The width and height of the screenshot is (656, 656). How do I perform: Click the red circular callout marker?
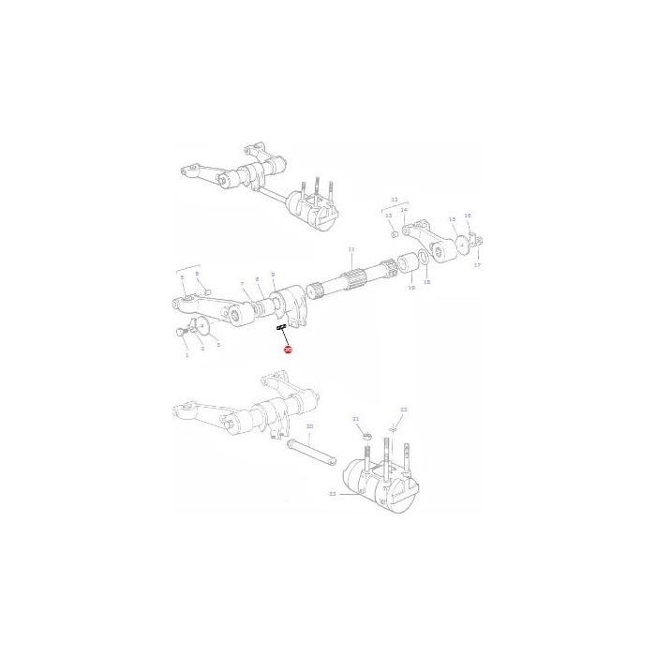[x=288, y=350]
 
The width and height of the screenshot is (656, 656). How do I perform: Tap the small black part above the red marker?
[x=279, y=328]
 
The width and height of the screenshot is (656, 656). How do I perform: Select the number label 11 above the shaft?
[x=351, y=249]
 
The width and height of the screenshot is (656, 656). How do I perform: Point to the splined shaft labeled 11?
[x=356, y=276]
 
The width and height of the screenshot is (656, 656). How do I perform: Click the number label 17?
[x=477, y=265]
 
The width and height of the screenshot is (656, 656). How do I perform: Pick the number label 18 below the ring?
[x=426, y=281]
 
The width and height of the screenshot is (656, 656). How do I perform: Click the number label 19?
[x=410, y=289]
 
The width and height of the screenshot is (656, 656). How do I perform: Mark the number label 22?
[x=404, y=410]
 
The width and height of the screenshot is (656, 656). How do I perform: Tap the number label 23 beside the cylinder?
[x=332, y=494]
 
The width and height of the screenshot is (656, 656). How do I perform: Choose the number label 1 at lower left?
[x=186, y=355]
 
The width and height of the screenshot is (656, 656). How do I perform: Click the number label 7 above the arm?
[x=242, y=283]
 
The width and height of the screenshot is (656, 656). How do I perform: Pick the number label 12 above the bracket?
[x=395, y=201]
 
